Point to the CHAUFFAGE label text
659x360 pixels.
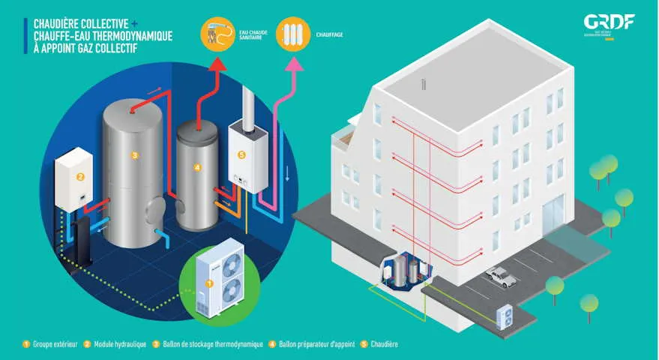tap(331, 34)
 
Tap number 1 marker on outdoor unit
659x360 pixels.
tap(209, 284)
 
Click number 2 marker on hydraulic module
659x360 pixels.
tap(78, 178)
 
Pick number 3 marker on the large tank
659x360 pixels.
tap(134, 155)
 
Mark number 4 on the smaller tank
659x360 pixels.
tap(197, 167)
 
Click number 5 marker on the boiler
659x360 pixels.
tap(241, 155)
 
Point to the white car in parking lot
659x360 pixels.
tap(501, 277)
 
